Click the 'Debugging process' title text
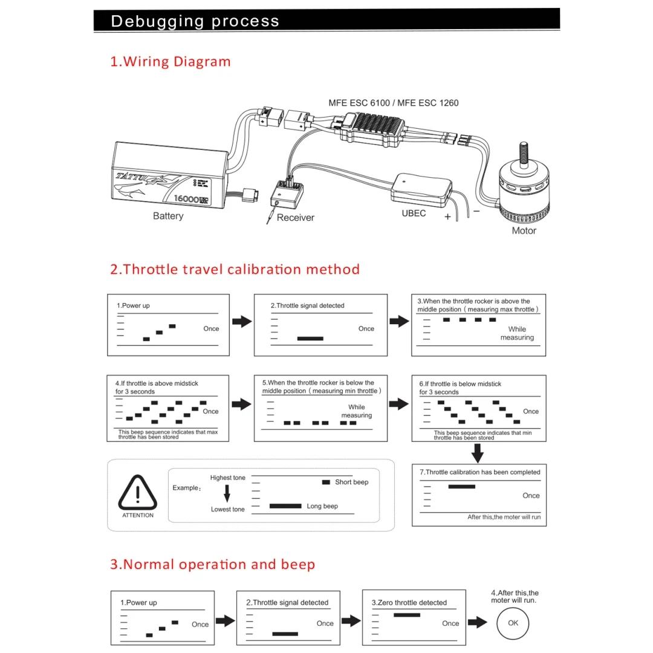[x=195, y=21]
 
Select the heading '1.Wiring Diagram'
[x=171, y=62]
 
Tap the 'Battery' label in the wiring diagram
[x=168, y=216]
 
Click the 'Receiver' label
[x=296, y=218]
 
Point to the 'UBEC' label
[x=414, y=213]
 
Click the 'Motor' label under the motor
[x=524, y=230]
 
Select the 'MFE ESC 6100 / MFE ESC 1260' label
[x=394, y=103]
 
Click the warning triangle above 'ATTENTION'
[x=138, y=492]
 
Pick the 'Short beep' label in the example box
[x=351, y=482]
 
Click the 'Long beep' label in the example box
[x=322, y=506]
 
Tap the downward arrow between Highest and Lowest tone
[x=227, y=493]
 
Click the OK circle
[x=513, y=622]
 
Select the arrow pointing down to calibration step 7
[x=478, y=452]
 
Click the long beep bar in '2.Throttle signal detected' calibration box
[x=310, y=339]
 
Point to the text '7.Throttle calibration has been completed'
[x=480, y=472]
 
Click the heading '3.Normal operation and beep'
[x=213, y=565]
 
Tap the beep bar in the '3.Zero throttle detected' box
[x=406, y=615]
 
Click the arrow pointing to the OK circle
[x=478, y=622]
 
